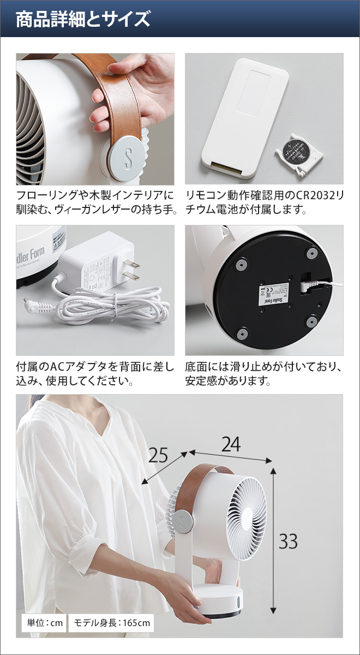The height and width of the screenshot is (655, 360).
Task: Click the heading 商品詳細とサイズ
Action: point(83,20)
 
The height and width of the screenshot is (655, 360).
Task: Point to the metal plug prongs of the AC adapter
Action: point(131,270)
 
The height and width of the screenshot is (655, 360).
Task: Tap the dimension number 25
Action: point(158,455)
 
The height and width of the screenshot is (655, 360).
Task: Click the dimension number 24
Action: point(231,445)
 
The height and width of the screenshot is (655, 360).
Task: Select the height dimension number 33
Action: point(288,541)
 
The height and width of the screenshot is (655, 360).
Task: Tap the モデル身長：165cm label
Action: point(110,622)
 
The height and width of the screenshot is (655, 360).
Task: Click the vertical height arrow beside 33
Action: point(273,540)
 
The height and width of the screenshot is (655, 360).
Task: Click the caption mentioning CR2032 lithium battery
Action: point(265,202)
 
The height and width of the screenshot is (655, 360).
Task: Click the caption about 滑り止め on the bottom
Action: point(265,373)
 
